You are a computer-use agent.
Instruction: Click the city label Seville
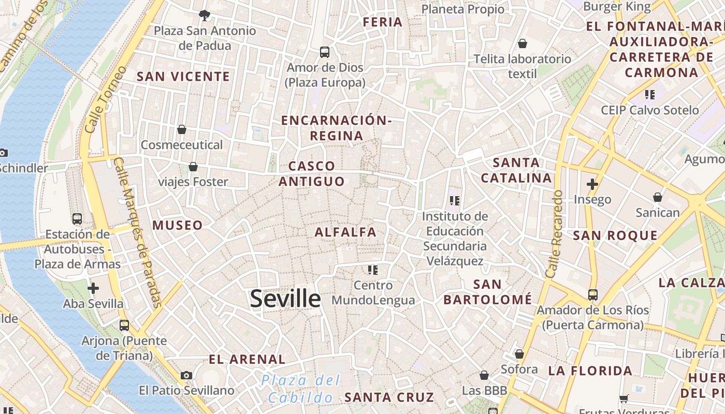(285, 299)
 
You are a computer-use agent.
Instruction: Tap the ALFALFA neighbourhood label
(345, 232)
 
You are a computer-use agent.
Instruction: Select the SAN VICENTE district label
(183, 77)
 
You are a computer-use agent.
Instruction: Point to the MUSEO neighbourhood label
(178, 225)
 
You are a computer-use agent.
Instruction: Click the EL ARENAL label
(247, 359)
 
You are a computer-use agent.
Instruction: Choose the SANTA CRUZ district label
(389, 397)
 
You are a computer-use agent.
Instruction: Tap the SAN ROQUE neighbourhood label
(615, 235)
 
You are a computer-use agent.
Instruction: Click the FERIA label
(383, 22)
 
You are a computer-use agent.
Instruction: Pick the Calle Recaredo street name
(554, 233)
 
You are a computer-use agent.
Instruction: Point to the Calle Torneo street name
(105, 99)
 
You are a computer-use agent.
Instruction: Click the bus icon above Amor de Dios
(325, 52)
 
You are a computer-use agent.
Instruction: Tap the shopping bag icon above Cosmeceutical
(182, 129)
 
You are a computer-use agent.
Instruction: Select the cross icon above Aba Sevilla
(93, 288)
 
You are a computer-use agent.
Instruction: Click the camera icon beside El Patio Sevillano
(186, 375)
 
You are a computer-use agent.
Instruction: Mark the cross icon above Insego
(592, 184)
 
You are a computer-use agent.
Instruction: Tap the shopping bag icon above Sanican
(658, 197)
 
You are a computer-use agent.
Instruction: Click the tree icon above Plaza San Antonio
(205, 15)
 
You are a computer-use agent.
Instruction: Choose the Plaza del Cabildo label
(300, 389)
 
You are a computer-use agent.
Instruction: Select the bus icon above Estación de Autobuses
(77, 219)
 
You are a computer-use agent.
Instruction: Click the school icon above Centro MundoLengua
(373, 270)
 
